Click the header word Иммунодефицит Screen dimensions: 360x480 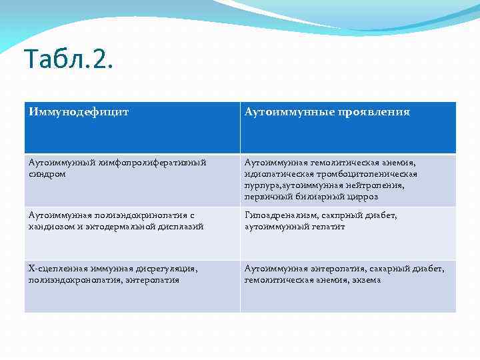pos(79,112)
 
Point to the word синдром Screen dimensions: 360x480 pos(47,173)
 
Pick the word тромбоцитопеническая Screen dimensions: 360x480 pos(360,174)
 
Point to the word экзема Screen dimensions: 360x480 pos(365,280)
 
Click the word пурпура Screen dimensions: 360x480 pos(263,186)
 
